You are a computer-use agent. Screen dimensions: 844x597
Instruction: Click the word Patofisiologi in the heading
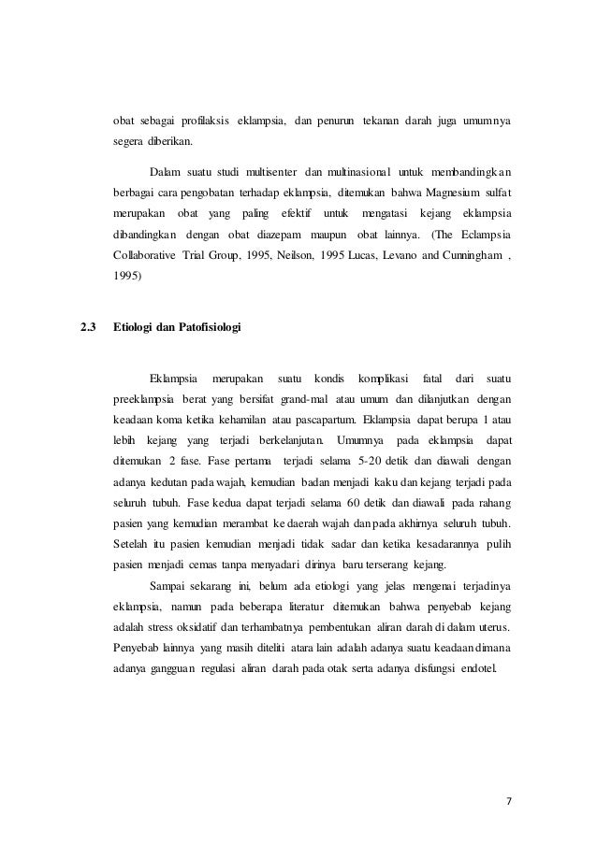pos(206,328)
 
